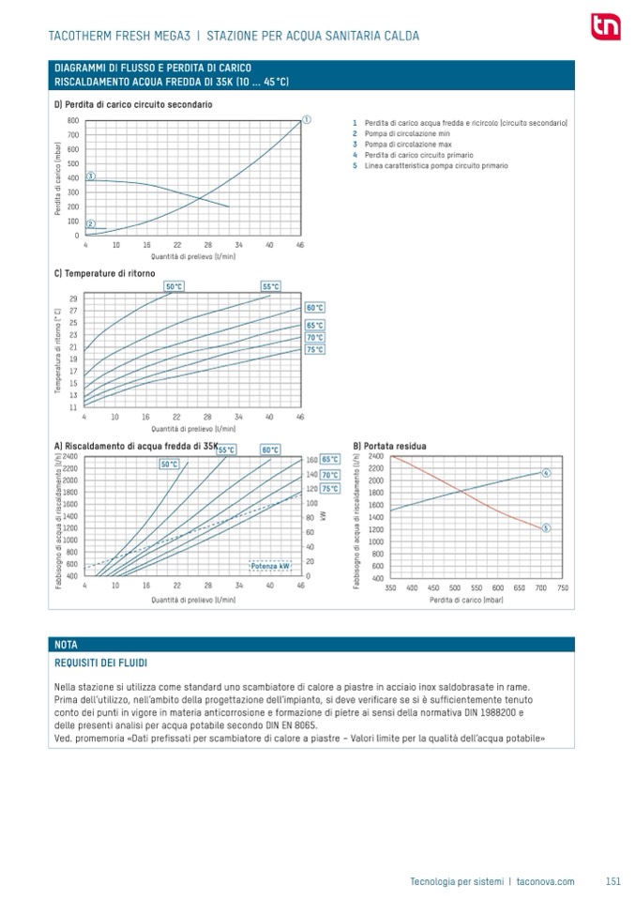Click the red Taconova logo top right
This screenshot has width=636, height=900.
point(602,27)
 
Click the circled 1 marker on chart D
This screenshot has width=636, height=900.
point(307,119)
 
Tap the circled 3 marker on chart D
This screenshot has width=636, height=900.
point(91,176)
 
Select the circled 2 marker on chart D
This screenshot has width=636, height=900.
point(91,223)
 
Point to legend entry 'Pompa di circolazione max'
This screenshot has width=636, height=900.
point(397,145)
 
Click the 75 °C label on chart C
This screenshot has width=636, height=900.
point(314,349)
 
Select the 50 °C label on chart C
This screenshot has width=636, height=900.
point(174,286)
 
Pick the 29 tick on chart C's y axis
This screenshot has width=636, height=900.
point(73,298)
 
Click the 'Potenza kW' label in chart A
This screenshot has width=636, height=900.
point(268,565)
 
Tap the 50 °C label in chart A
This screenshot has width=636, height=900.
point(170,464)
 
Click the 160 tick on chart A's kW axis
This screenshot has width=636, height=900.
point(312,460)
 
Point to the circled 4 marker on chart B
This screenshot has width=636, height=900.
point(546,472)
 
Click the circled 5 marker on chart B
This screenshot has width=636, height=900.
point(546,528)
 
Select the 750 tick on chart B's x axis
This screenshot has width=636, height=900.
point(562,587)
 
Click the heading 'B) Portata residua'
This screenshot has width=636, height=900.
point(389,446)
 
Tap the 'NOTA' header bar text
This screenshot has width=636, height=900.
point(67,645)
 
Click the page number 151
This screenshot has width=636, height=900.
point(613,881)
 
